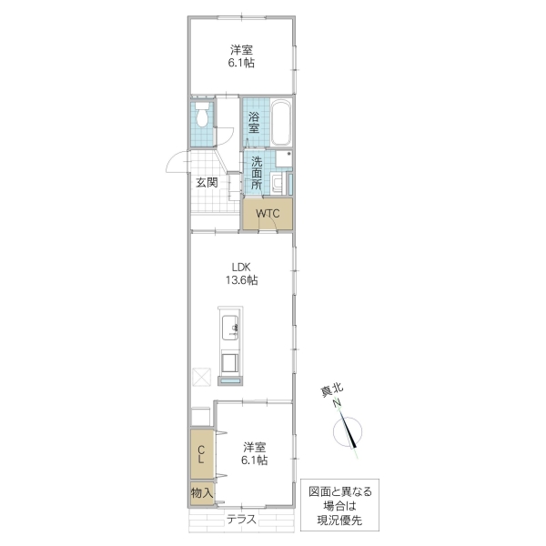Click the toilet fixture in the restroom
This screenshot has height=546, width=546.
point(202,116)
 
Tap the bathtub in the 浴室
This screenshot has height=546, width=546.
point(279,123)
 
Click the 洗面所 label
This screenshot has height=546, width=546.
point(257,173)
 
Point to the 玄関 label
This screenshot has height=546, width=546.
point(207,182)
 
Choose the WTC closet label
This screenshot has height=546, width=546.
point(268,214)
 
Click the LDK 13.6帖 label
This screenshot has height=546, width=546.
point(241,274)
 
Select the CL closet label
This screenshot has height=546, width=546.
point(201,452)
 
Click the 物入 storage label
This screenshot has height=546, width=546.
point(201,492)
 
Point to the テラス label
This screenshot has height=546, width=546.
point(241,520)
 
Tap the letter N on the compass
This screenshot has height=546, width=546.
point(336,403)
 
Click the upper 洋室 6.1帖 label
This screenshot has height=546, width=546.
point(241,56)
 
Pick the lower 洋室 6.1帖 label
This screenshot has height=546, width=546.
point(254,454)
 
